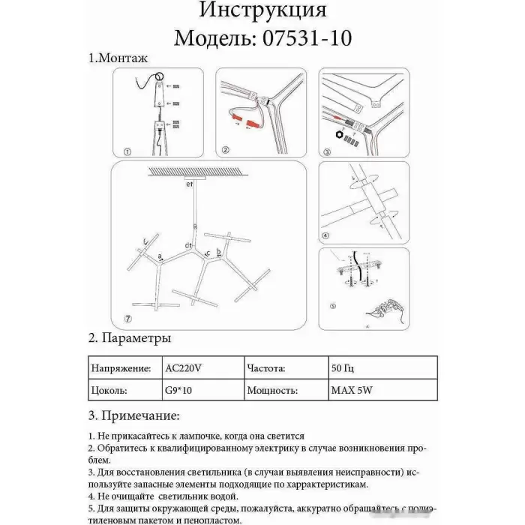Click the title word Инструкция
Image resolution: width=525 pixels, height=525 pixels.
point(262,11)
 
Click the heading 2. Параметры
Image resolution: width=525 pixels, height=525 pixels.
point(130,338)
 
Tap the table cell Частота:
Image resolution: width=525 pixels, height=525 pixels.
point(265,369)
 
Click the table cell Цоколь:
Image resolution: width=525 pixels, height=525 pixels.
point(109,391)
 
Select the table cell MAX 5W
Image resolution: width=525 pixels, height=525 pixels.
point(348,391)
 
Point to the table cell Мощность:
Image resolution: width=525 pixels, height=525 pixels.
point(271,391)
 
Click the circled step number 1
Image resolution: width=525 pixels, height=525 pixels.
point(127,151)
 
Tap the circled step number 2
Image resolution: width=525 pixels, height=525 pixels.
point(225,150)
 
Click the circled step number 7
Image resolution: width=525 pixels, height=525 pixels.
point(128,319)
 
